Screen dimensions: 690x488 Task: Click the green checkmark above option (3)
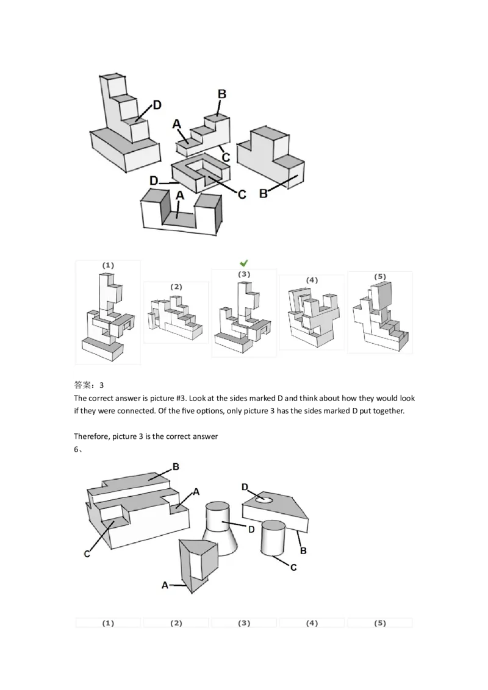click(x=243, y=263)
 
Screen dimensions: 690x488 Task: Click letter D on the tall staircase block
click(x=157, y=105)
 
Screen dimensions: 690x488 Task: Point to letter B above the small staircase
click(x=222, y=94)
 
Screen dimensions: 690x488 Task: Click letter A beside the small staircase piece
click(x=177, y=124)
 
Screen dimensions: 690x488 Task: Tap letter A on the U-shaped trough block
click(x=179, y=196)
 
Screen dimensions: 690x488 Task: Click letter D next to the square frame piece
click(x=154, y=181)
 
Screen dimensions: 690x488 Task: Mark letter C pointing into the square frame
click(x=241, y=194)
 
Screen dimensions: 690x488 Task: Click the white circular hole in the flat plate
click(x=264, y=500)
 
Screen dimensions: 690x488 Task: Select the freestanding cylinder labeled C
click(x=273, y=537)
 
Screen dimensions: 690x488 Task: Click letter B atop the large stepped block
click(x=175, y=467)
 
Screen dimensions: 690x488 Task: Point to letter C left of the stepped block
click(x=87, y=553)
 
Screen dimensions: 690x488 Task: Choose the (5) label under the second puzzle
click(x=380, y=623)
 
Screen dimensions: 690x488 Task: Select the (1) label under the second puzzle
click(x=107, y=623)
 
